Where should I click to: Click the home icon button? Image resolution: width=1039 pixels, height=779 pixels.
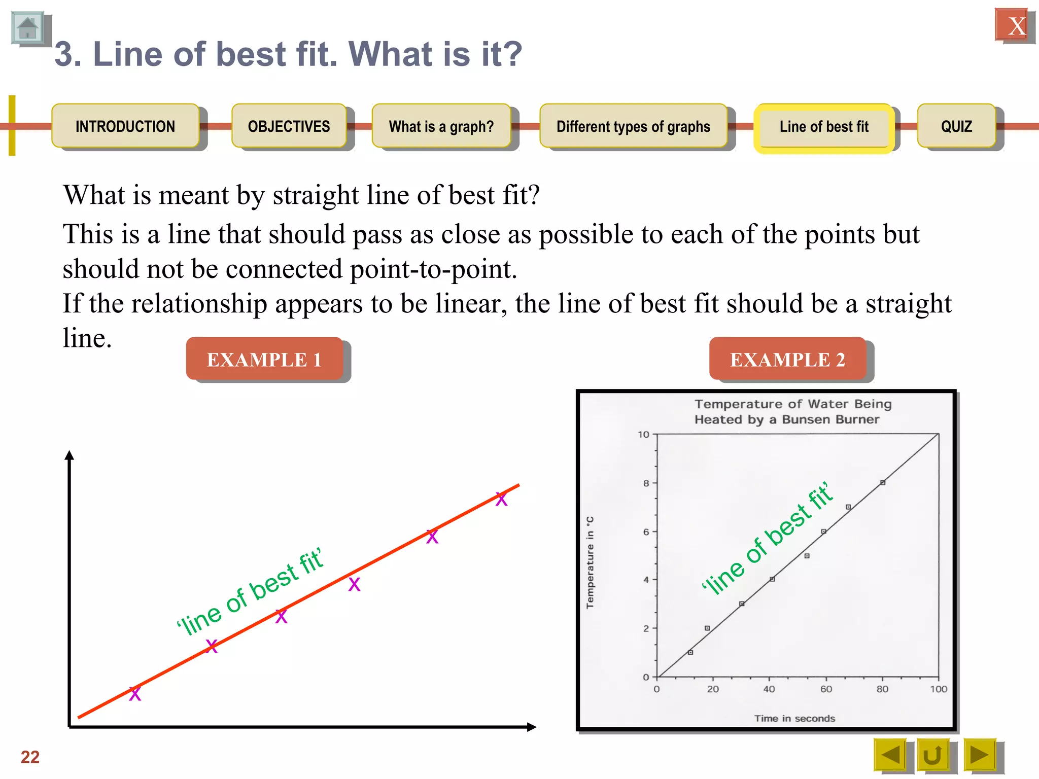click(x=28, y=28)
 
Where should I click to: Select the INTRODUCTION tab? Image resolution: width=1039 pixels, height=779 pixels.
click(x=125, y=126)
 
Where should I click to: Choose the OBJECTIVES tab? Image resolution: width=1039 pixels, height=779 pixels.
click(x=289, y=126)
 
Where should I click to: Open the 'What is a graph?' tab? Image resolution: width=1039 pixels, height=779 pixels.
click(x=441, y=126)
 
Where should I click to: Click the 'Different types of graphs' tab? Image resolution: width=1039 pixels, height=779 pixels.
click(x=633, y=126)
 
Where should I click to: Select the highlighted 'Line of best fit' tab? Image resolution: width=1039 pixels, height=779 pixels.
click(x=824, y=126)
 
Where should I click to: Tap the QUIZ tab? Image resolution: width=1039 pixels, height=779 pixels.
click(x=956, y=126)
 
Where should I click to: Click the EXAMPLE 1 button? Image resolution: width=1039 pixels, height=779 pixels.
click(x=264, y=359)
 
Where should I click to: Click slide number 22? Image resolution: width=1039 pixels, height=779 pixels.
click(x=30, y=757)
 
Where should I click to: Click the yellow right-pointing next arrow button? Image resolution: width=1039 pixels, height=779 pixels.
click(x=979, y=755)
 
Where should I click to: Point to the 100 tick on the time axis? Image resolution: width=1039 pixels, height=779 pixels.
click(x=939, y=689)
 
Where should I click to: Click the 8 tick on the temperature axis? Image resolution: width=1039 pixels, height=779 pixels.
click(x=646, y=483)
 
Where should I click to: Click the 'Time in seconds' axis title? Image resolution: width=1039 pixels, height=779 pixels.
click(x=794, y=718)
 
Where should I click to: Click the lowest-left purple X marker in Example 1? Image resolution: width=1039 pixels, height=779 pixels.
click(x=135, y=694)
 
